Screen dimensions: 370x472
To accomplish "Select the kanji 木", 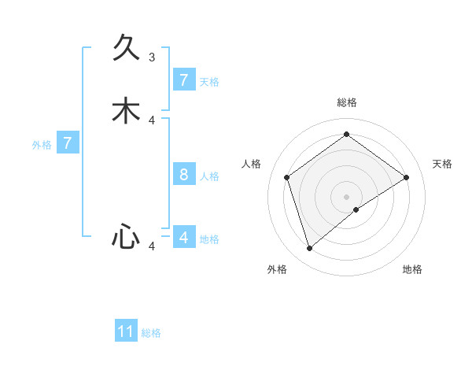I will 126,111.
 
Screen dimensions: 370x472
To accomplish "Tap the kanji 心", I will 126,237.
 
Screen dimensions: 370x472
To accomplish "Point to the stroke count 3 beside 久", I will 152,57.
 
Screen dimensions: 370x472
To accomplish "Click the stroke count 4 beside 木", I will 152,120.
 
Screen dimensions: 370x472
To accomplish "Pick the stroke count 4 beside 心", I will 152,246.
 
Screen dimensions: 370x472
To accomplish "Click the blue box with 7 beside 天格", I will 183,80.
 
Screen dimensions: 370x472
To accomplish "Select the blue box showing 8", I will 183,174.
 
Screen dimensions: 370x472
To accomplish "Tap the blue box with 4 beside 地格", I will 183,237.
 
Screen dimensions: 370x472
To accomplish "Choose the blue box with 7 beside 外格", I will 68,143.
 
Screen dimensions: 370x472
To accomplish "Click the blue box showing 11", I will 126,331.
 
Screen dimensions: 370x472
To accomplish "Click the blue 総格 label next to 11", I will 151,333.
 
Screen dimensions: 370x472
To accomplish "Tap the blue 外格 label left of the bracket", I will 42,145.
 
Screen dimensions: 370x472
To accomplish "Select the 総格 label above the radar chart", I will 346,102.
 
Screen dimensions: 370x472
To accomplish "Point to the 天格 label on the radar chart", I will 442,164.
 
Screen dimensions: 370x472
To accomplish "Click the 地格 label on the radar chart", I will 412,269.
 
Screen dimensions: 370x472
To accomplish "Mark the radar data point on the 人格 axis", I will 287,177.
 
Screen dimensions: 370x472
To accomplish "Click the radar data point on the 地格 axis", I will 356,209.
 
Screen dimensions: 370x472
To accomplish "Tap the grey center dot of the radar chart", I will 346,196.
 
